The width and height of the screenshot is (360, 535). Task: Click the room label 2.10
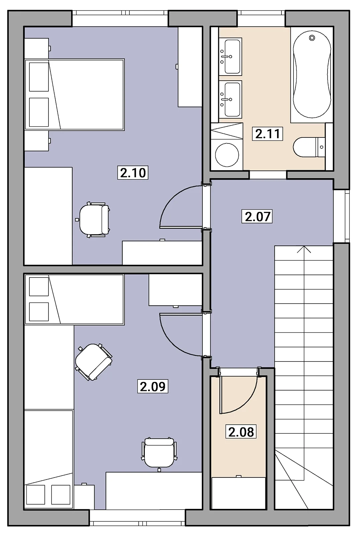(x=133, y=173)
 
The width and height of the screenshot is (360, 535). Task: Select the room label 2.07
(x=257, y=216)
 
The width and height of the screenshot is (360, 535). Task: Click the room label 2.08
(x=241, y=432)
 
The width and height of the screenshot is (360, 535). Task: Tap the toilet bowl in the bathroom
(x=305, y=147)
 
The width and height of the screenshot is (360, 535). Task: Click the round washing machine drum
(x=227, y=155)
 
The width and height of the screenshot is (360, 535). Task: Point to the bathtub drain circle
(x=312, y=38)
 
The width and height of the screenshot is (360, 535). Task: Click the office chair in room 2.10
(x=93, y=220)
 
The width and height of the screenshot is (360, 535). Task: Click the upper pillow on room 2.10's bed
(x=39, y=77)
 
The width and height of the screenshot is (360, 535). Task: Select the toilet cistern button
(x=322, y=147)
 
